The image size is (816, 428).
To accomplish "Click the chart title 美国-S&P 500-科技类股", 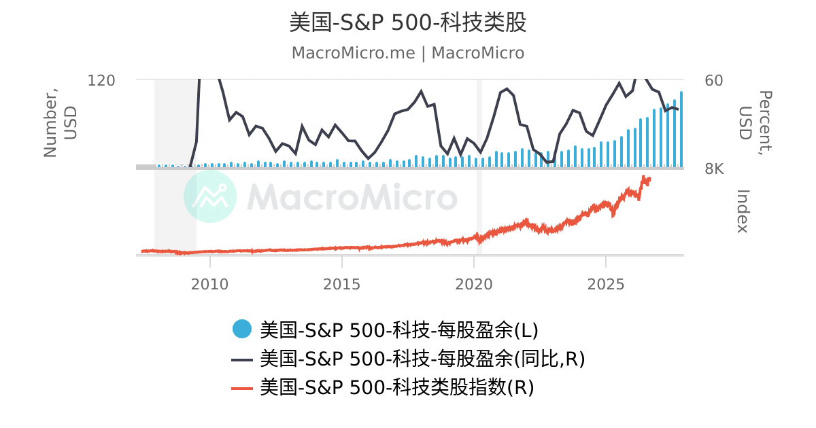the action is coord(407,22).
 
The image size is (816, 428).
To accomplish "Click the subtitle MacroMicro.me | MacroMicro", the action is coord(407,53).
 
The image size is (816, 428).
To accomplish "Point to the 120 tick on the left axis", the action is coord(101,80).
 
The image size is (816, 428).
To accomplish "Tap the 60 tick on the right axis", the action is coord(713,80).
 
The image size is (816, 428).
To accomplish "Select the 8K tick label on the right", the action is coord(714,169).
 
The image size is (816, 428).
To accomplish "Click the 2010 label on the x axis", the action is coord(210,284).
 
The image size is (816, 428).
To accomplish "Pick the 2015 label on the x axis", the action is coord(341,284).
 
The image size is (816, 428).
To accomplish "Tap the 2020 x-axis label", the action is coord(473,284).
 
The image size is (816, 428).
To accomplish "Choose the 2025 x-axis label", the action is coord(606,284).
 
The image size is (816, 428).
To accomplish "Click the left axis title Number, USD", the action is coord(60,123).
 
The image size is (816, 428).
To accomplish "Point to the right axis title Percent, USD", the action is coord(755,123).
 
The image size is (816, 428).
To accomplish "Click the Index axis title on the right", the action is coord(743,211).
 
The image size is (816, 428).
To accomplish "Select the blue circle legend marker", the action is coord(242,329).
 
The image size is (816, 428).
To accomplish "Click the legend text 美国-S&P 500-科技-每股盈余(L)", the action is coord(399,330).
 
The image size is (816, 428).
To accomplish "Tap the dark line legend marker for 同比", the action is coord(242,360).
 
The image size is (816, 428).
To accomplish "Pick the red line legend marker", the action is coord(242,389).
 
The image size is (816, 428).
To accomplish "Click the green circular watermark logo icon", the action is coord(210,196).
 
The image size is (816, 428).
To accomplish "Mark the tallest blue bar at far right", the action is coord(681,129).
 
